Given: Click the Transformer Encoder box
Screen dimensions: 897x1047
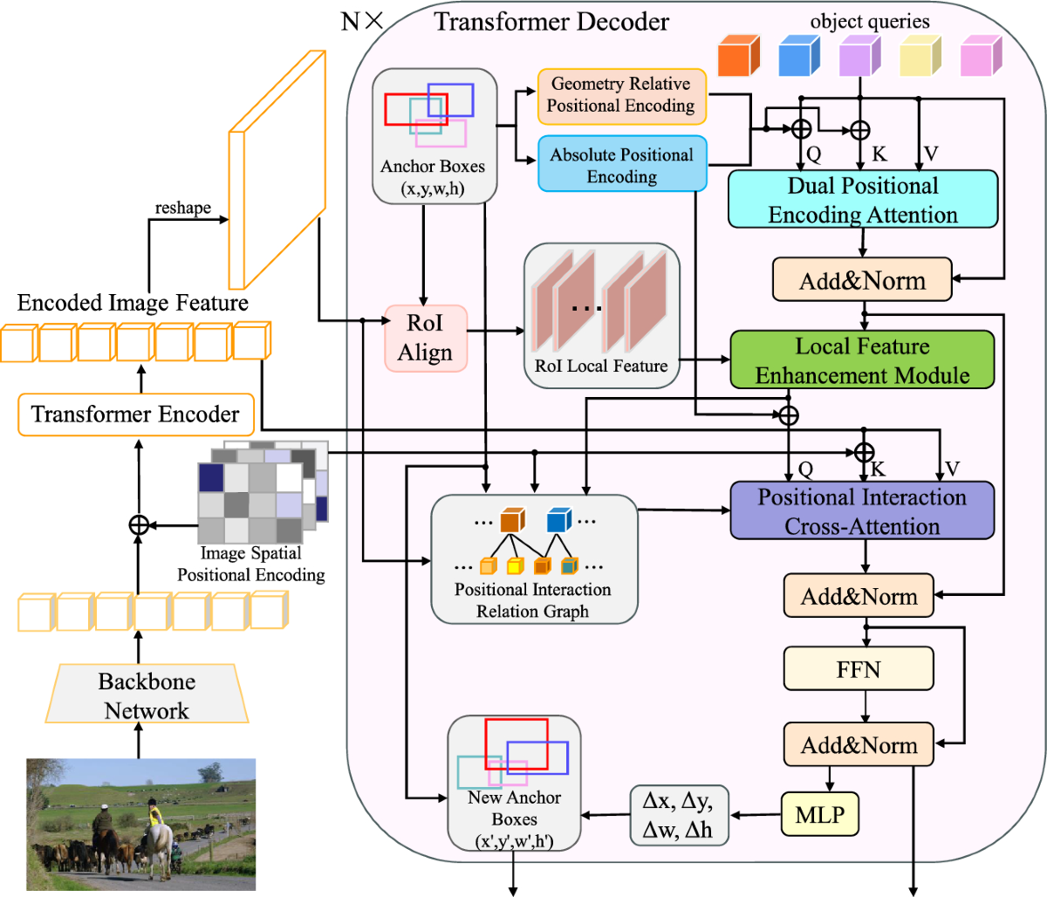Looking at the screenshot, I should pos(135,414).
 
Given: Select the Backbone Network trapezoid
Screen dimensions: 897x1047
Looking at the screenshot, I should pos(147,695).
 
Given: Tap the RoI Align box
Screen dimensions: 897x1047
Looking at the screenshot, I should pos(426,338).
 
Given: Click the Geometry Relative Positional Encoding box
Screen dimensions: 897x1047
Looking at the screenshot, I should pos(621,95).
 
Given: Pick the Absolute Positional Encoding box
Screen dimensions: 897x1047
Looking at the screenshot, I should pos(621,164).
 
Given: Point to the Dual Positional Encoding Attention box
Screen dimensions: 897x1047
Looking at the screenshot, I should pos(862,200).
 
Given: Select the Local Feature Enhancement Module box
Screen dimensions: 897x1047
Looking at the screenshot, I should pos(862,360).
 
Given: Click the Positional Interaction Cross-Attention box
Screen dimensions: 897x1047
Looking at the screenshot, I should pos(862,511).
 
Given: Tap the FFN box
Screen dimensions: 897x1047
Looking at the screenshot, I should pos(859,669).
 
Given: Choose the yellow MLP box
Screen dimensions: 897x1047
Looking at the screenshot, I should pos(819,815).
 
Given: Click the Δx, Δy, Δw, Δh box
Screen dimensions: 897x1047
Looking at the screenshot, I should pos(678,815).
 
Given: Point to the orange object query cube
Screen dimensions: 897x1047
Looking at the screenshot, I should pos(738,56).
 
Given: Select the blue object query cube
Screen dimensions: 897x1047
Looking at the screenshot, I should pos(798,56).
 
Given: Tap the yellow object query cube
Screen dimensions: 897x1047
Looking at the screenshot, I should pos(920,56).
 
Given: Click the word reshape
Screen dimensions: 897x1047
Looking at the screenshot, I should pos(183,208).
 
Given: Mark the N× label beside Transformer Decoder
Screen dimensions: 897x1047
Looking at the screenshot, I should pos(362,22).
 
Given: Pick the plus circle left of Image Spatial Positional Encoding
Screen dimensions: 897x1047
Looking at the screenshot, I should pos(138,525).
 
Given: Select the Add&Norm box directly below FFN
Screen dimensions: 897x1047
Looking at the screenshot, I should pos(859,745).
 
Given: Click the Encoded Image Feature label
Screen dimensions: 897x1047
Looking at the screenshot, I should pos(133,303).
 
